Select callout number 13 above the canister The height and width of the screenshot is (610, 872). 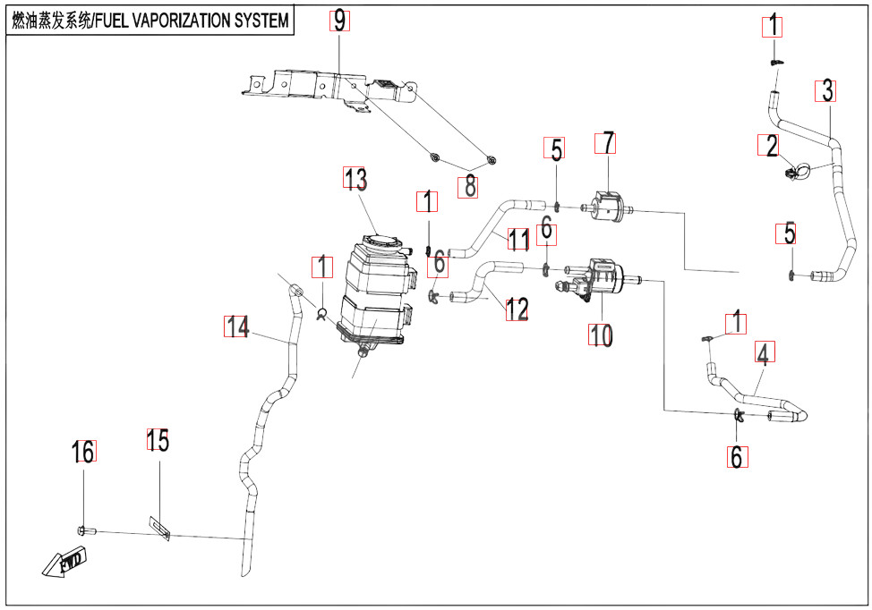coord(356,180)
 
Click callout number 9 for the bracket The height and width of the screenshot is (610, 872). coord(339,21)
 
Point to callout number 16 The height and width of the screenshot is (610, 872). coord(82,453)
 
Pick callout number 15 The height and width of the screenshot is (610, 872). coord(158,441)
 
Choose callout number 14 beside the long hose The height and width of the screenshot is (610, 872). coord(237,327)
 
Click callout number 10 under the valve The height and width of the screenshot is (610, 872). coord(599,335)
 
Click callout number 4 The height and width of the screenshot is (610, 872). coord(762,354)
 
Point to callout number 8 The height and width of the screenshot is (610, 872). coord(468,187)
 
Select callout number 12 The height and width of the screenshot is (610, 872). coord(517,309)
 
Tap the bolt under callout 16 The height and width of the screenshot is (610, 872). coord(83,531)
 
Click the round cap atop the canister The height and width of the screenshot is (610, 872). coord(380,240)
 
